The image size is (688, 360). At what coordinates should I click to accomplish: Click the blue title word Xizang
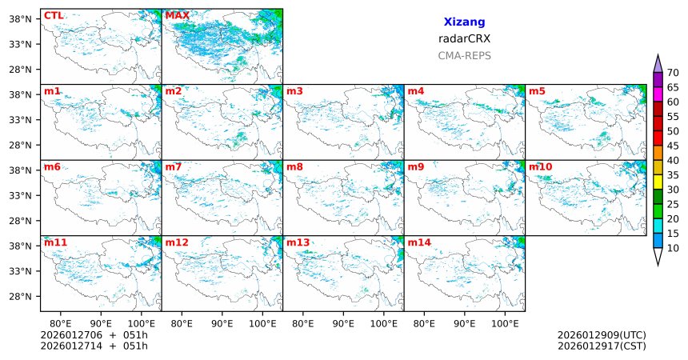coord(464,22)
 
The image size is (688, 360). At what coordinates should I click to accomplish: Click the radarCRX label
coord(464,38)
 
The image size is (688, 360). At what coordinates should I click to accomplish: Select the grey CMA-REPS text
coord(464,55)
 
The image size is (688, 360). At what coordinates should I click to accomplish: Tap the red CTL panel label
coord(54,15)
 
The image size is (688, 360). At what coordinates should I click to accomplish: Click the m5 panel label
coord(537,91)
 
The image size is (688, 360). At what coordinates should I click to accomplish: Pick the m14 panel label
coord(419,242)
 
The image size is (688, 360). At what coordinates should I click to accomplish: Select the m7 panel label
coord(174,166)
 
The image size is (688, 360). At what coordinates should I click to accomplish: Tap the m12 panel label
coord(177,242)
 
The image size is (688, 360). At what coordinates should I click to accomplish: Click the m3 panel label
coord(294,91)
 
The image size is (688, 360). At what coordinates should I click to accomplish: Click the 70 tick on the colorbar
coord(673,73)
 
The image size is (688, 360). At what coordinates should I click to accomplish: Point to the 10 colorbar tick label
coord(673,249)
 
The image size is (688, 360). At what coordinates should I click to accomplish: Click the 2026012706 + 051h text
coord(94,334)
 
